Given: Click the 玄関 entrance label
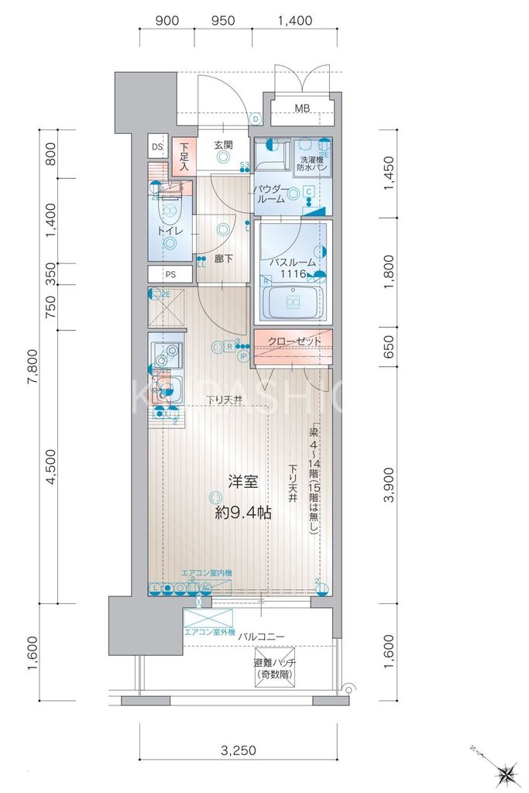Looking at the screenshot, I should point(223,145).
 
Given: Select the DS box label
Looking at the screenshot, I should point(157,146).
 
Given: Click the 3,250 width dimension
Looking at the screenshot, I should point(239,750).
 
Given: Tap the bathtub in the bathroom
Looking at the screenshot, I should point(294,303).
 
